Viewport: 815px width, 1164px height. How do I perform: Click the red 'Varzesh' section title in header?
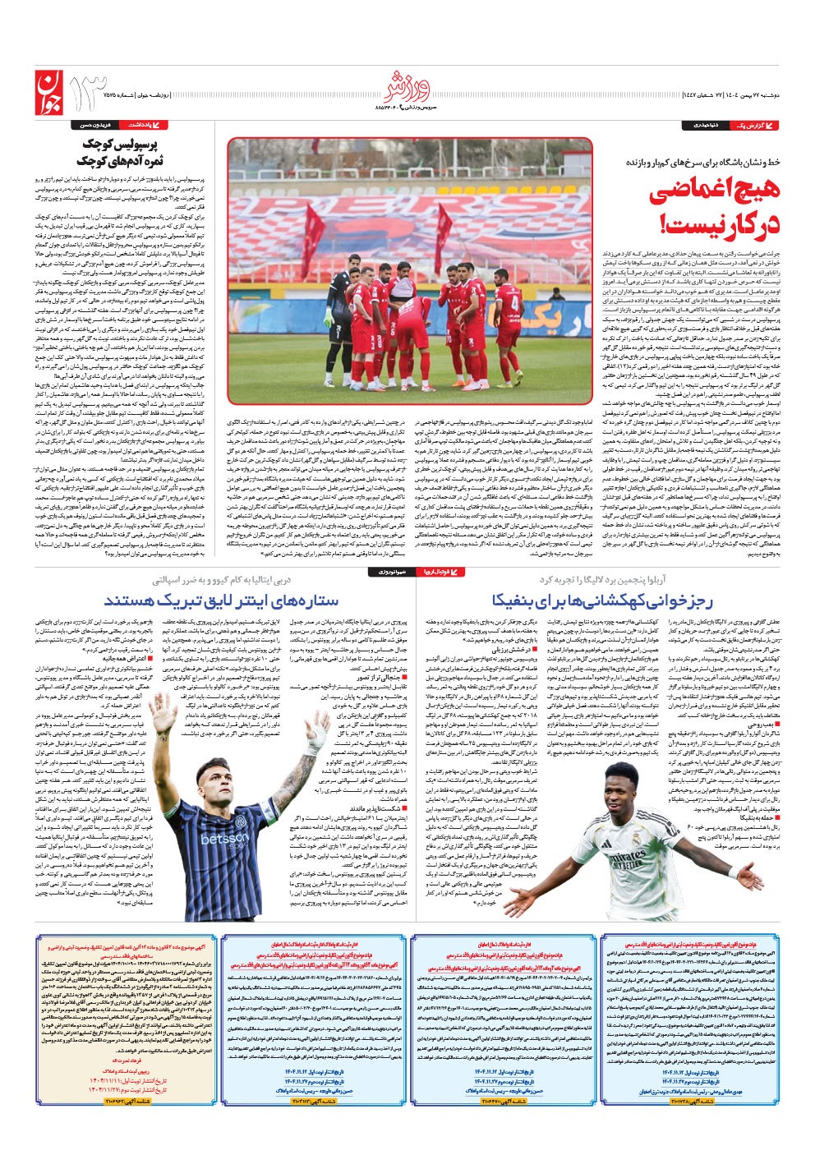(x=407, y=86)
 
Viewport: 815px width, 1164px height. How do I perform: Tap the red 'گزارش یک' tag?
(x=755, y=125)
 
